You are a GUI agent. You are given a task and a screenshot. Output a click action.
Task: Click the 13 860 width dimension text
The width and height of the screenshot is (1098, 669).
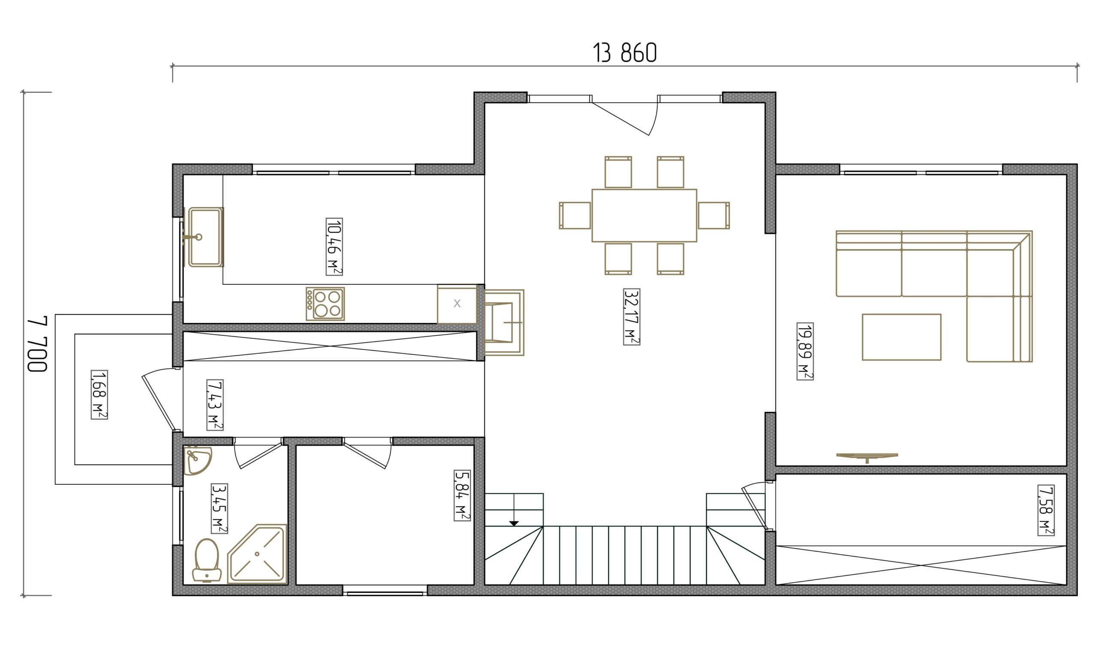tap(625, 53)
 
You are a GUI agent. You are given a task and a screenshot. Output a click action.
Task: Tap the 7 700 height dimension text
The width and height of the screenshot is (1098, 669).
tap(37, 344)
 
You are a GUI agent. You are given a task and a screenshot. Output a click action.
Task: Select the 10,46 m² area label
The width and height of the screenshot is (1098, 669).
tap(334, 246)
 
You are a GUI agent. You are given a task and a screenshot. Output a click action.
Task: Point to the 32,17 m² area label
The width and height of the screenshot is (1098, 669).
tap(631, 316)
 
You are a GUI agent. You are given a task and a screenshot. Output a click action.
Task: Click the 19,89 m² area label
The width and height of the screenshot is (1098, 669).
tap(805, 351)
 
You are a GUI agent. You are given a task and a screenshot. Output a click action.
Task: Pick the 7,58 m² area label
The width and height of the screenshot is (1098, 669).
tap(1045, 510)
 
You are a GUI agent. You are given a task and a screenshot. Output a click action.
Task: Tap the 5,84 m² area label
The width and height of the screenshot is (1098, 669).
tap(462, 495)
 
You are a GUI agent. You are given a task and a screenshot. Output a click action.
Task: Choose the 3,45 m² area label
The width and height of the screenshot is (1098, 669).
tap(219, 508)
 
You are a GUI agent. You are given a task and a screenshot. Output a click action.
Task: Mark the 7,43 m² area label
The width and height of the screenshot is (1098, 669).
tap(215, 404)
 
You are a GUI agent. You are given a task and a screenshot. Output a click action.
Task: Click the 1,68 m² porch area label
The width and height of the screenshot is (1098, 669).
tap(99, 394)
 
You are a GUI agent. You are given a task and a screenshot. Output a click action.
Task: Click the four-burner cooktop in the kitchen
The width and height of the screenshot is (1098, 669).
tap(325, 304)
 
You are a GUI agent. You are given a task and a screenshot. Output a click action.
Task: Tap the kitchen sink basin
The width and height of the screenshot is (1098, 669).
tap(205, 237)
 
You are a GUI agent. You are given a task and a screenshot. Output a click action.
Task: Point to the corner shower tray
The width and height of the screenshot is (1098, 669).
tap(257, 554)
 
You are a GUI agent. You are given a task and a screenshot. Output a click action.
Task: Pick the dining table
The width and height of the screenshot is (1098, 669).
tap(644, 216)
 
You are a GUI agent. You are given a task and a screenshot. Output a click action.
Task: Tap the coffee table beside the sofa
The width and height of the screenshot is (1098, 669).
tap(902, 337)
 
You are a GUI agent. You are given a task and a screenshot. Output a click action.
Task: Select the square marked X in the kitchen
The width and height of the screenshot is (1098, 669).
tap(457, 304)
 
